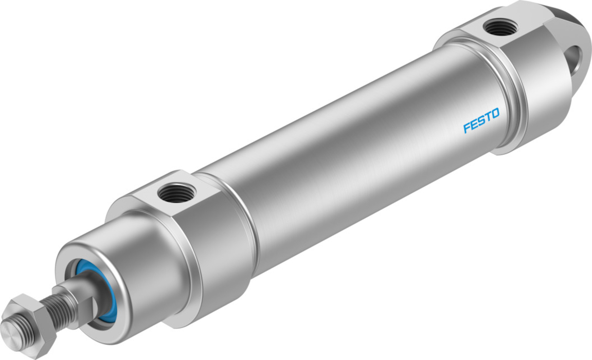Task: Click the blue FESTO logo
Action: point(481,120)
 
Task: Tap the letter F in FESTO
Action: point(467,127)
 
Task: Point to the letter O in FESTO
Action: point(495,114)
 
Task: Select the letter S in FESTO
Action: point(482,120)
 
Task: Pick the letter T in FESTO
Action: point(488,117)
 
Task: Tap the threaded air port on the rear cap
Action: point(499,28)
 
